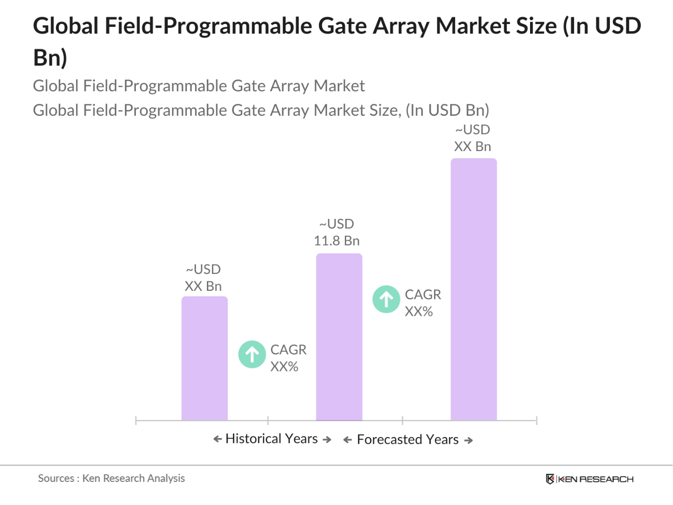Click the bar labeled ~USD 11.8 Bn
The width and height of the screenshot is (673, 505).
pyautogui.click(x=339, y=337)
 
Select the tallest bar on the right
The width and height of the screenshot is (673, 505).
pyautogui.click(x=473, y=289)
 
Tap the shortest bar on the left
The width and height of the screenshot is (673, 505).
pyautogui.click(x=204, y=358)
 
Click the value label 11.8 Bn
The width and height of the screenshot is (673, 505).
pyautogui.click(x=336, y=241)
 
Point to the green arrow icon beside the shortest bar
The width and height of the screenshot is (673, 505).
pyautogui.click(x=252, y=354)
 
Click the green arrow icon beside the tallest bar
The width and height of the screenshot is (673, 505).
pyautogui.click(x=386, y=299)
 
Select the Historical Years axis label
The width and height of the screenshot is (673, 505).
pyautogui.click(x=272, y=439)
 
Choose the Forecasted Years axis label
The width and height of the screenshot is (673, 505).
pyautogui.click(x=407, y=440)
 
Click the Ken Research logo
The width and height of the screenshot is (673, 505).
pyautogui.click(x=589, y=479)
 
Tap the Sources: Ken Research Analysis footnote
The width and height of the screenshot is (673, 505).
pyautogui.click(x=111, y=478)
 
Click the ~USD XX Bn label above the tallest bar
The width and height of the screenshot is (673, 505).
pyautogui.click(x=472, y=138)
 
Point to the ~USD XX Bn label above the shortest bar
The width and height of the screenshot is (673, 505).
pyautogui.click(x=203, y=278)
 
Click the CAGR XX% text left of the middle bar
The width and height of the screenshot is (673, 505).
pyautogui.click(x=288, y=358)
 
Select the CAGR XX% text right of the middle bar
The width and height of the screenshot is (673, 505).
pyautogui.click(x=422, y=303)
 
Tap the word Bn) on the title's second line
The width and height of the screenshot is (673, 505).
pyautogui.click(x=50, y=58)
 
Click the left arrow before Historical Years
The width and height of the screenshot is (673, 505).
pyautogui.click(x=217, y=439)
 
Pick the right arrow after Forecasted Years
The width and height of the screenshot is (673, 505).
pyautogui.click(x=468, y=441)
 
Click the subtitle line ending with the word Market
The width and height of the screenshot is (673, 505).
pyautogui.click(x=198, y=86)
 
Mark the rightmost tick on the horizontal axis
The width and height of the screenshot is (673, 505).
pyautogui.click(x=536, y=420)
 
